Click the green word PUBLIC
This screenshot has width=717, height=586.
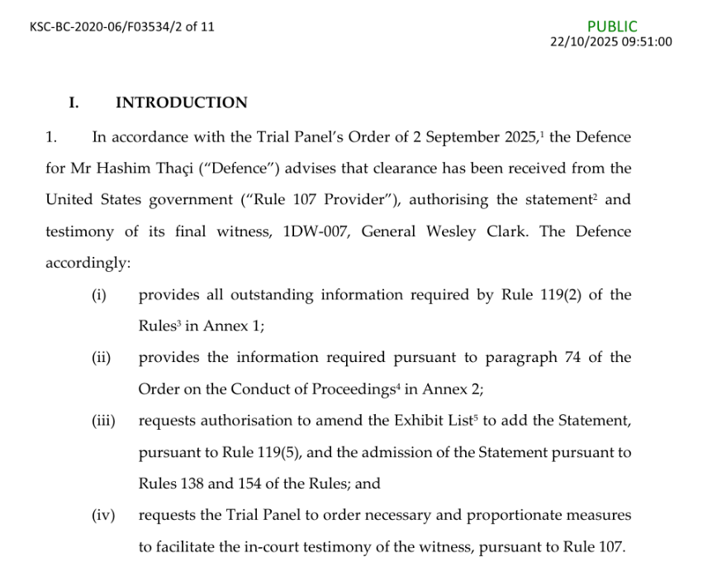coord(612,26)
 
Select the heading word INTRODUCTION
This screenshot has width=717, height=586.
coord(181,103)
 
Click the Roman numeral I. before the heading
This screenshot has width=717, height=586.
coord(74,103)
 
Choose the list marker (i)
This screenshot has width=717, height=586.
coord(99,295)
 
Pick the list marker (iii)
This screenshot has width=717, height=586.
coord(102,422)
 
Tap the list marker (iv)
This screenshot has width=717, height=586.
coord(102,516)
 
